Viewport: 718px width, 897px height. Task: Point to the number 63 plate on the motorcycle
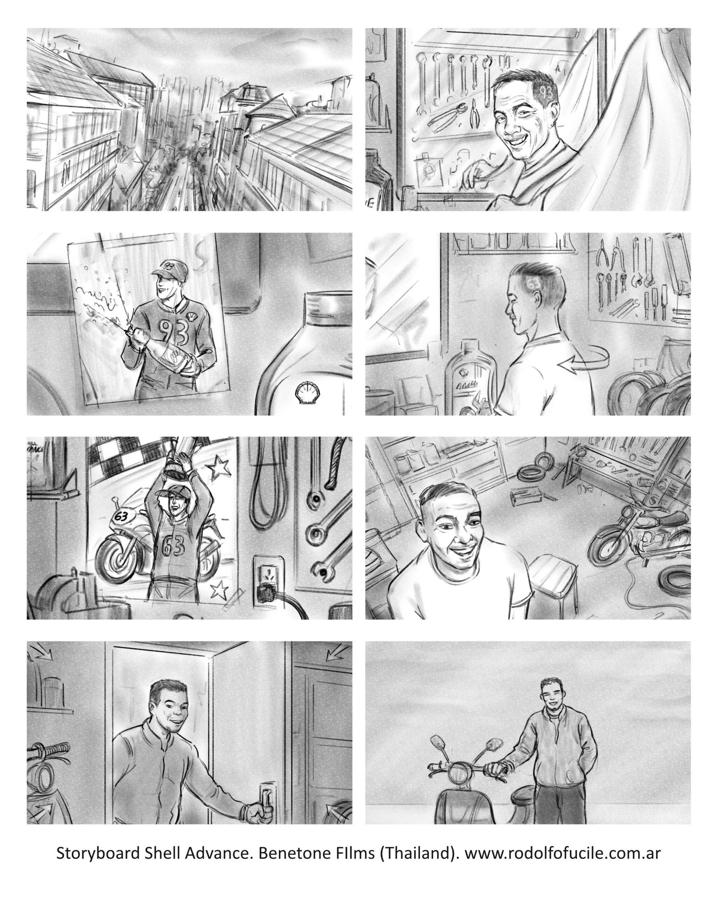(121, 516)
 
